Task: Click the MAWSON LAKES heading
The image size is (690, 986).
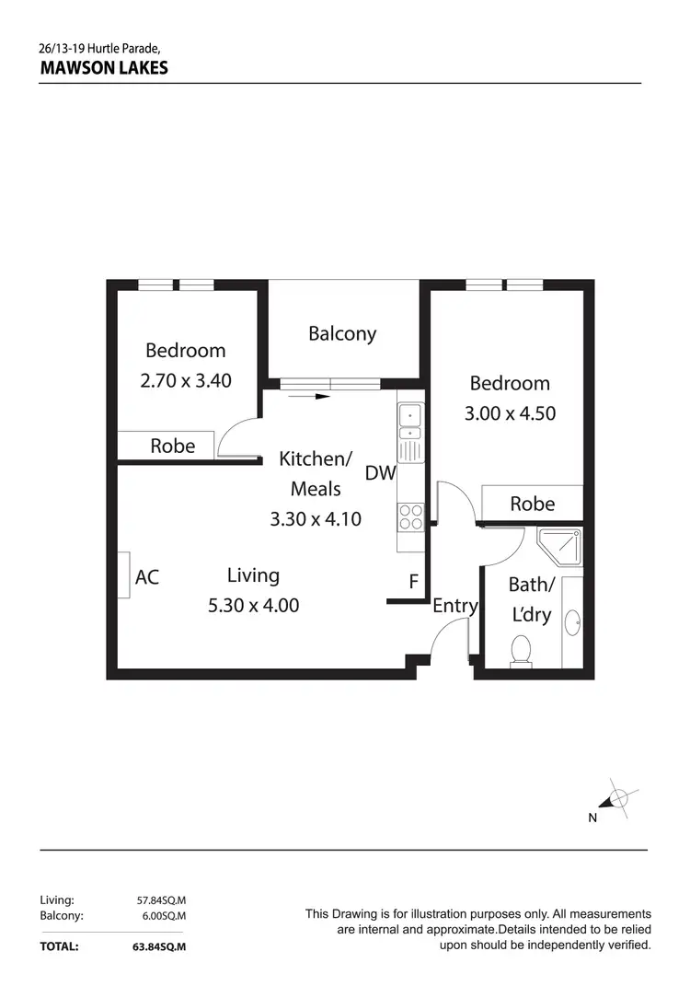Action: pyautogui.click(x=104, y=68)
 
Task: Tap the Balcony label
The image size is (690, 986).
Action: pyautogui.click(x=342, y=333)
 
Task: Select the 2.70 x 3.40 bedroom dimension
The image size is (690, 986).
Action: pyautogui.click(x=186, y=379)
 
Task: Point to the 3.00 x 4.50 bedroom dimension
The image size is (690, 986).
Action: pyautogui.click(x=510, y=412)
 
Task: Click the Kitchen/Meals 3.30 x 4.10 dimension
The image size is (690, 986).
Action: pyautogui.click(x=316, y=519)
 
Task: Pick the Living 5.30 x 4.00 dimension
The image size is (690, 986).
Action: pyautogui.click(x=253, y=605)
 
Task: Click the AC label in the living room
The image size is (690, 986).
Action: pyautogui.click(x=147, y=577)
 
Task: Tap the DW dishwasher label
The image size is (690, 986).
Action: pyautogui.click(x=380, y=473)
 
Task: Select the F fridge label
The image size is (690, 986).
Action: pyautogui.click(x=414, y=582)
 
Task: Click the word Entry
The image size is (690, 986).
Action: pyautogui.click(x=454, y=605)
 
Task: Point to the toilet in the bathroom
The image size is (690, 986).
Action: pyautogui.click(x=521, y=649)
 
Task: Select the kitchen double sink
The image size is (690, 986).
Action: pyautogui.click(x=409, y=423)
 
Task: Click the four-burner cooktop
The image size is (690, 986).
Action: pyautogui.click(x=410, y=517)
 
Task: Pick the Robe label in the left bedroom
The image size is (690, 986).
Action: pyautogui.click(x=173, y=446)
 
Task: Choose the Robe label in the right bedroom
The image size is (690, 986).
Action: pyautogui.click(x=532, y=503)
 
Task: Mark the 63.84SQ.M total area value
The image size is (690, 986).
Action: pyautogui.click(x=160, y=945)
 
